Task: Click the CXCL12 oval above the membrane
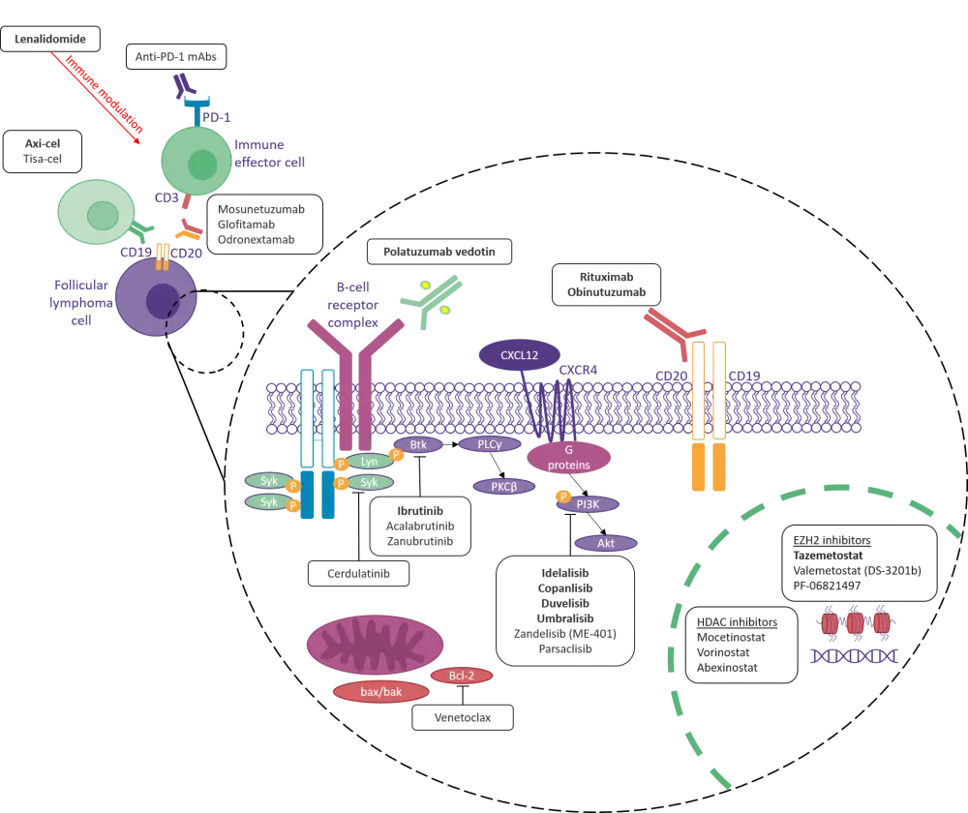520,355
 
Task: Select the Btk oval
418,445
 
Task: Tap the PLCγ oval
489,444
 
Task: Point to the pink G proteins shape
568,457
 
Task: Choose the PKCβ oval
504,487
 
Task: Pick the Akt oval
606,544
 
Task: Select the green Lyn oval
369,463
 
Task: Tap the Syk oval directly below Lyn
369,482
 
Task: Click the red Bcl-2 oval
461,675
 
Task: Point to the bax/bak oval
380,692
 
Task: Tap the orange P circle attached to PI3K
563,497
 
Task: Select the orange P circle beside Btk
396,455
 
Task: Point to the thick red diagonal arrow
97,92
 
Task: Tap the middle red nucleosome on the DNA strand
855,623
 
